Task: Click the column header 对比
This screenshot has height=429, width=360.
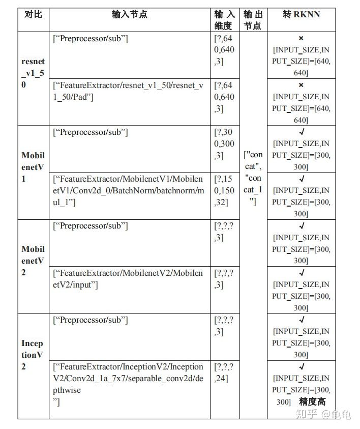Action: point(33,14)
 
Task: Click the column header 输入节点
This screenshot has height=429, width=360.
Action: point(130,14)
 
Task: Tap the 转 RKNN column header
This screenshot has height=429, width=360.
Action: point(301,14)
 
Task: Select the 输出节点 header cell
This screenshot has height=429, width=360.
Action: point(252,20)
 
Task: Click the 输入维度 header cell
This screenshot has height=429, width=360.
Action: point(224,20)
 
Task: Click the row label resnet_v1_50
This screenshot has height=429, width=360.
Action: point(33,73)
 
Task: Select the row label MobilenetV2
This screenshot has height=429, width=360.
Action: point(33,261)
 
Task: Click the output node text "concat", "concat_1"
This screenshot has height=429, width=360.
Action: point(253,178)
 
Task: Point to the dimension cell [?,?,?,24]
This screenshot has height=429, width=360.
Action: point(224,373)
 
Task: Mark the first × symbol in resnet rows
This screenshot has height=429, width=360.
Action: point(301,38)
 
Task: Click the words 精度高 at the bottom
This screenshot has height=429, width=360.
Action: point(312,402)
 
